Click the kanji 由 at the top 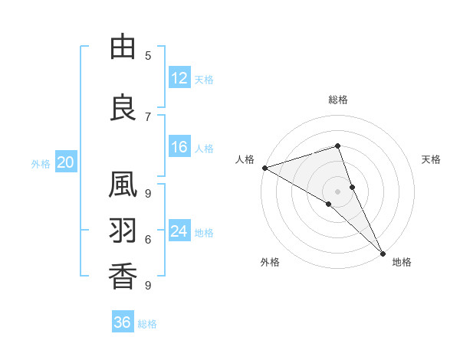[123, 47]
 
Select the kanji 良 [123, 108]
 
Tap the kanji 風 [123, 186]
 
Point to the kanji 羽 [123, 230]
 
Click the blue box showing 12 [179, 79]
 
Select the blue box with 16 [179, 148]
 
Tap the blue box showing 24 [179, 231]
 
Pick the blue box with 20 [65, 162]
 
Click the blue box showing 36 [123, 322]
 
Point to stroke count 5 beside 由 [147, 55]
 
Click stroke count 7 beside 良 [147, 116]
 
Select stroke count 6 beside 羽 [147, 239]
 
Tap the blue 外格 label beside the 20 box [40, 163]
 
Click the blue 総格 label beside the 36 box [147, 324]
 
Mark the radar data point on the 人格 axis [264, 168]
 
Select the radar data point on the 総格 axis [337, 146]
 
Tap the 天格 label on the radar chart [431, 159]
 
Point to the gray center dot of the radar [337, 191]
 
